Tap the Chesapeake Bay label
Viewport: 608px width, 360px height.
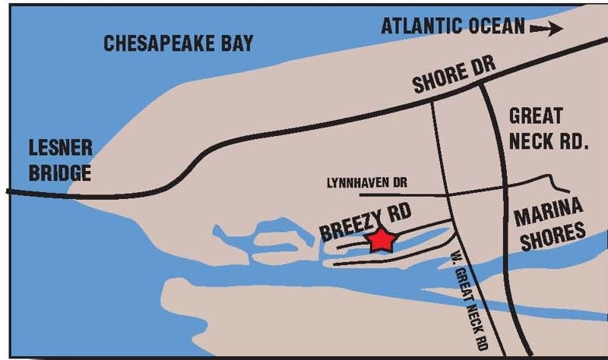point(178,43)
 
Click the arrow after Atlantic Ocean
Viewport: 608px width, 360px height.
point(546,28)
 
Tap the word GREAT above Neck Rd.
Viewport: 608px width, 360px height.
point(537,116)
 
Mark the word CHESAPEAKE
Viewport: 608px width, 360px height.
point(155,43)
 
